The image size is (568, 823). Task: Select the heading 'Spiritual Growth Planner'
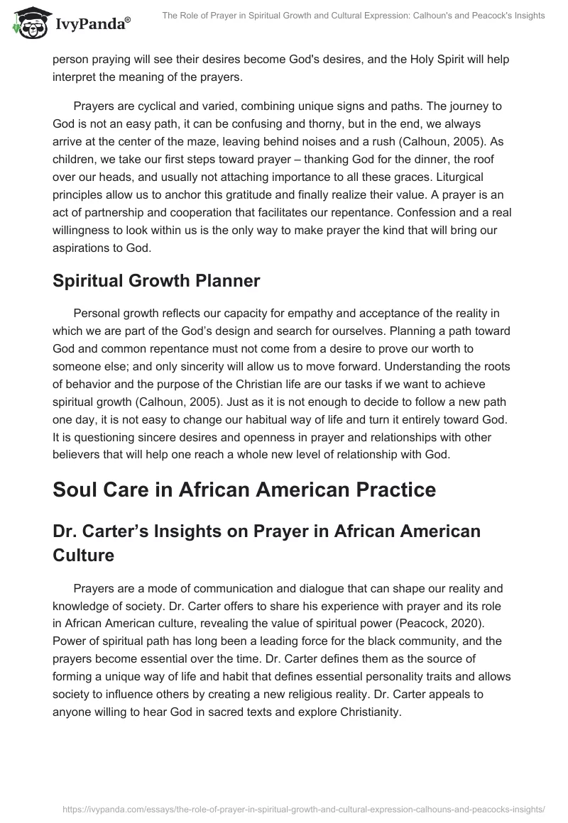coord(156,280)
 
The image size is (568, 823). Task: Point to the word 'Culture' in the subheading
coord(84,555)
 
